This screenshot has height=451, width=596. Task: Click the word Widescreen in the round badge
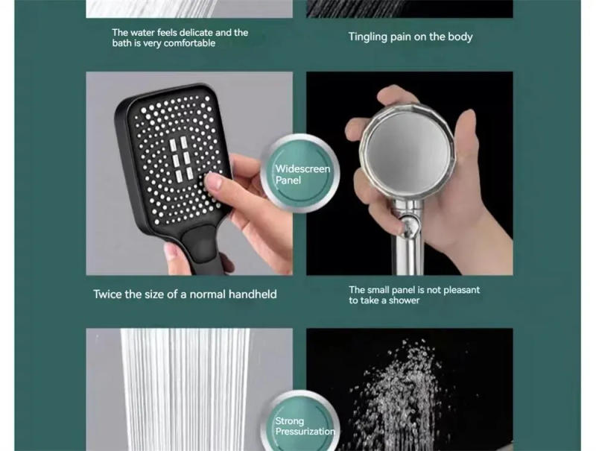coord(302,169)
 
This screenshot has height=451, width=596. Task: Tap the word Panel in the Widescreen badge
coord(288,180)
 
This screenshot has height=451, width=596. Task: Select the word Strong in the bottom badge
coord(289,421)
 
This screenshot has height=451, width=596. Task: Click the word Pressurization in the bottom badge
coord(305,432)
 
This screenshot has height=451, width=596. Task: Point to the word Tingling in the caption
coord(368,37)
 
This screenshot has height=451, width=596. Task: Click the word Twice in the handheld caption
coord(107,294)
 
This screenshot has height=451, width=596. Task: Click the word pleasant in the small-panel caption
coord(459,290)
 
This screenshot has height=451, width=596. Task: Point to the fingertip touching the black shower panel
coord(213,181)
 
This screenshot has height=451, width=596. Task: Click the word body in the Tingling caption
coord(459,37)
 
